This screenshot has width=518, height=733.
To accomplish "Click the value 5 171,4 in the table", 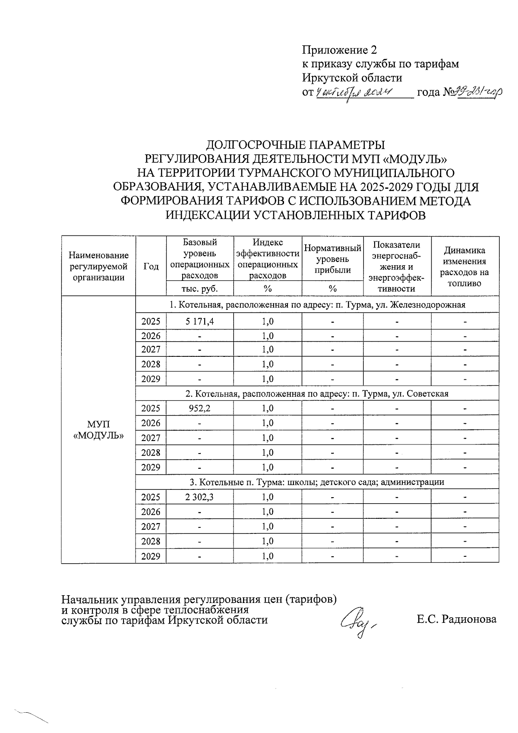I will tap(199, 321).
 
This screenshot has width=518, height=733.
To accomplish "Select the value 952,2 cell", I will tap(199, 408).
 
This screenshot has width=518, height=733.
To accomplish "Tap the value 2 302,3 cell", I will tap(199, 497).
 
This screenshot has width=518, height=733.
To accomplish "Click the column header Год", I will tap(151, 267).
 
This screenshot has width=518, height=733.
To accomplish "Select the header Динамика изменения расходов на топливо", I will tap(464, 267).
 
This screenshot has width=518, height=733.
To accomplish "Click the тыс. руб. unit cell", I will tap(199, 289).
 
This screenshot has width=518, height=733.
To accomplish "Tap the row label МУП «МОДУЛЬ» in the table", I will tap(98, 430).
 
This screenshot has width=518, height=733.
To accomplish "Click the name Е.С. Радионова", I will tap(456, 619).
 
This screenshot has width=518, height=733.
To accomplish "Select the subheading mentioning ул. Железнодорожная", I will tap(317, 305).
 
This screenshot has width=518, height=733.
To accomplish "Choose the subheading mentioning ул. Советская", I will tap(317, 394).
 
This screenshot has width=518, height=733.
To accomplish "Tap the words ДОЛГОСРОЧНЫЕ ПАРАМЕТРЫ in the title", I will tap(296, 145).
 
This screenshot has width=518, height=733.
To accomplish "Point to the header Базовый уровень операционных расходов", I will tap(199, 258).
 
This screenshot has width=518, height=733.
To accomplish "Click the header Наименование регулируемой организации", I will tap(98, 267).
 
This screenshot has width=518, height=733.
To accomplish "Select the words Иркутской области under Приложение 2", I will tap(351, 78).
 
